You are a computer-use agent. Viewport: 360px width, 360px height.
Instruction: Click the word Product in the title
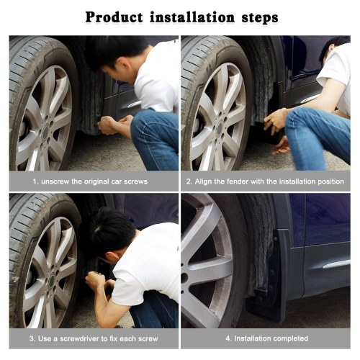(x=114, y=17)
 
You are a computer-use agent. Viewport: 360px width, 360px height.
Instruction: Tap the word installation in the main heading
(x=192, y=17)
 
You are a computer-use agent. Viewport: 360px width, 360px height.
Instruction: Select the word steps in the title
(x=260, y=18)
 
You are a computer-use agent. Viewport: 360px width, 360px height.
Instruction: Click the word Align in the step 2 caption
(x=203, y=181)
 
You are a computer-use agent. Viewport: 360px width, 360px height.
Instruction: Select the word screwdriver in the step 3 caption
(x=80, y=338)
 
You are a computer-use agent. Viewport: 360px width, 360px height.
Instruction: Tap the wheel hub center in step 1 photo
(x=45, y=132)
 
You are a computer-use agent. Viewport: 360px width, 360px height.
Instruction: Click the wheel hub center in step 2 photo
(x=220, y=128)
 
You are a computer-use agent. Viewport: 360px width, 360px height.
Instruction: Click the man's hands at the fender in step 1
(x=114, y=124)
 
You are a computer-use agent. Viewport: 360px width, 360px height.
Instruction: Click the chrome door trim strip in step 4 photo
(x=336, y=264)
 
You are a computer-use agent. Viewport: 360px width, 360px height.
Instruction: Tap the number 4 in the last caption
(x=228, y=338)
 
